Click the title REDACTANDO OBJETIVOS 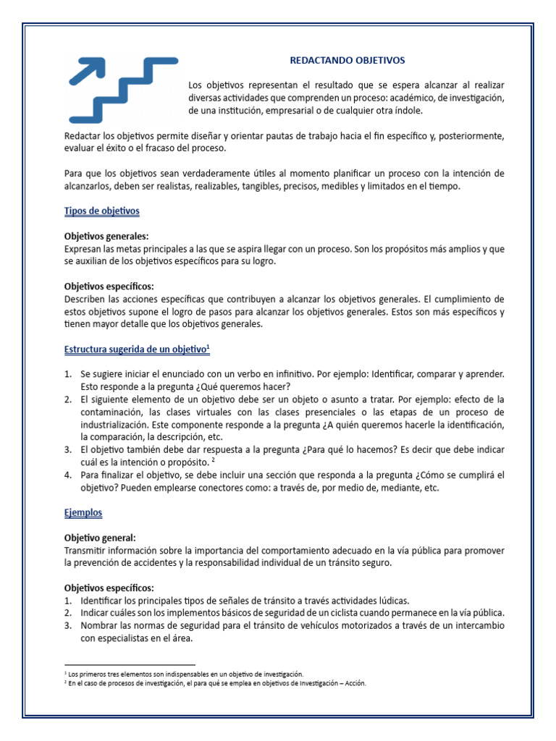click(347, 60)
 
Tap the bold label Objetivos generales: click(106, 237)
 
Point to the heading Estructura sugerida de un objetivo click(135, 349)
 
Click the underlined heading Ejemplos click(83, 512)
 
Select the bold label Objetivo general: click(100, 538)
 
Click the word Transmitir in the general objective click(86, 550)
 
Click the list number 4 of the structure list click(67, 475)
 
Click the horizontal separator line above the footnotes click(130, 664)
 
